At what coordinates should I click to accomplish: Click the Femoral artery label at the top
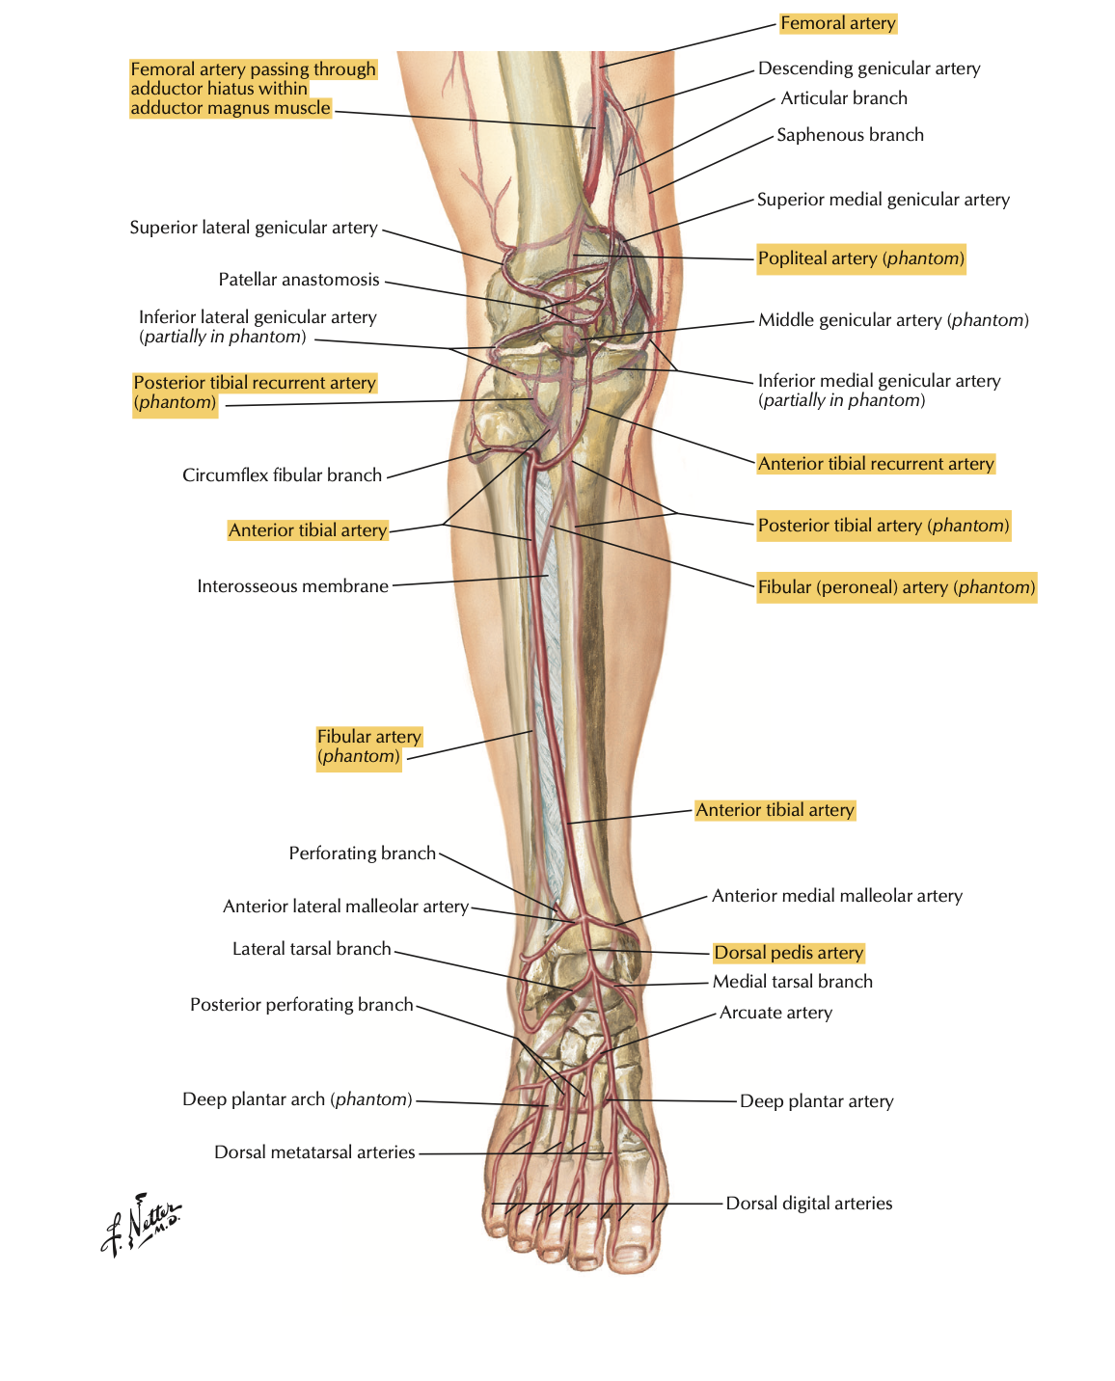[x=837, y=23]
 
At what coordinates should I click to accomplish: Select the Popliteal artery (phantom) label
[x=860, y=258]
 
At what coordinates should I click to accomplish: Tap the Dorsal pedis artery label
[x=788, y=953]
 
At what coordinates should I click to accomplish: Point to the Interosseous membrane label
[x=292, y=586]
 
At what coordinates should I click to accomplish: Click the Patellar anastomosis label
[x=299, y=280]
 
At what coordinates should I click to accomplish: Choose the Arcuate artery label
[x=775, y=1013]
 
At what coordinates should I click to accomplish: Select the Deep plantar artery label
[x=816, y=1101]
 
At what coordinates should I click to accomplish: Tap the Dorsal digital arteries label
[x=808, y=1204]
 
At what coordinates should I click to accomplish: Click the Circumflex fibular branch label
[x=282, y=475]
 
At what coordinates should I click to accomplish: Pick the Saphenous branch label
[x=850, y=135]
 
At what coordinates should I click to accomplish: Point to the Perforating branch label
[x=362, y=853]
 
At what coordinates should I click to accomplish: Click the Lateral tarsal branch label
[x=312, y=949]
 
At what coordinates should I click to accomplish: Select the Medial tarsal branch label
[x=792, y=982]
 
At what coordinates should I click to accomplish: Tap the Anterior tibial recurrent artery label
[x=875, y=464]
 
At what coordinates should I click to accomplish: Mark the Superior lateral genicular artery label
[x=254, y=228]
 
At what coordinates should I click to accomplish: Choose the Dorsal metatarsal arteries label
[x=314, y=1152]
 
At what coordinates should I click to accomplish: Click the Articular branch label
[x=844, y=98]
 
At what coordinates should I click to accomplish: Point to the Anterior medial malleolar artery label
[x=836, y=896]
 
